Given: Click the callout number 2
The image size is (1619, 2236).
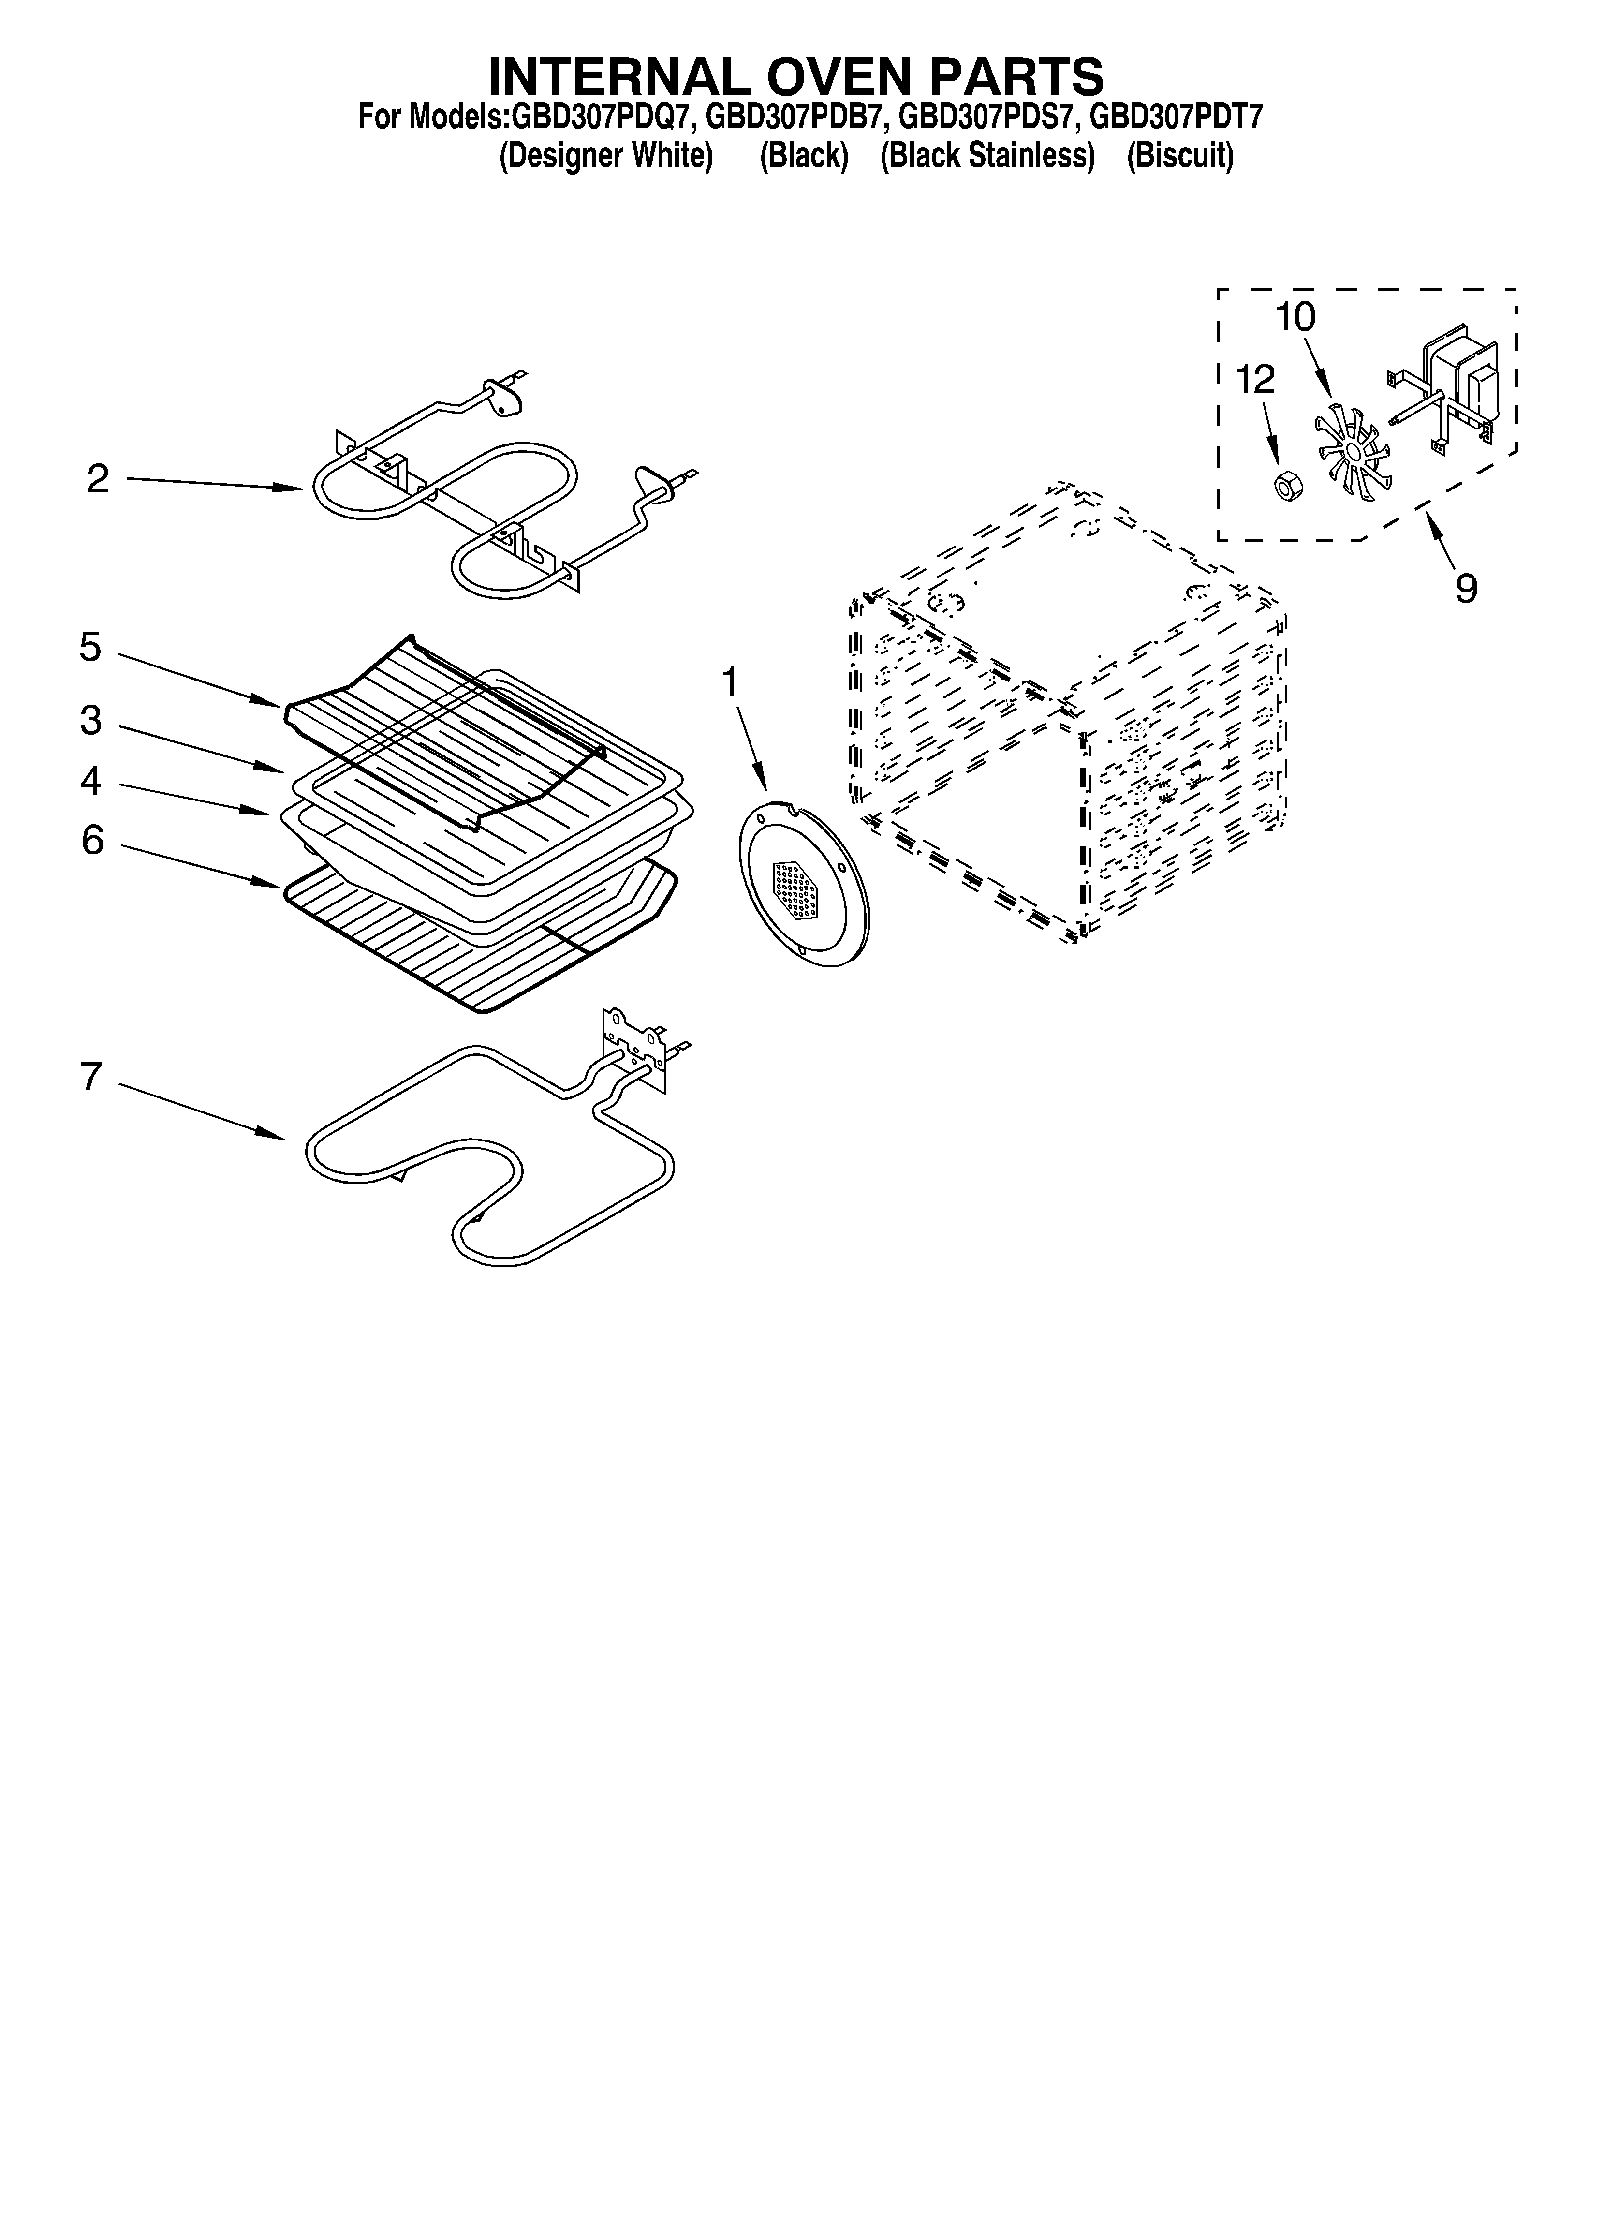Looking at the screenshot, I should point(97,479).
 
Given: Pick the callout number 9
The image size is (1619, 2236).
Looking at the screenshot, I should point(1466,590).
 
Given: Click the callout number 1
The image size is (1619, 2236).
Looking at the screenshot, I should point(730,681).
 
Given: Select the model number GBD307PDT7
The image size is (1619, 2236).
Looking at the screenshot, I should point(1175,118).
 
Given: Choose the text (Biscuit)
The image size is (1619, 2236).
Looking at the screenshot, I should point(1180,156).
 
